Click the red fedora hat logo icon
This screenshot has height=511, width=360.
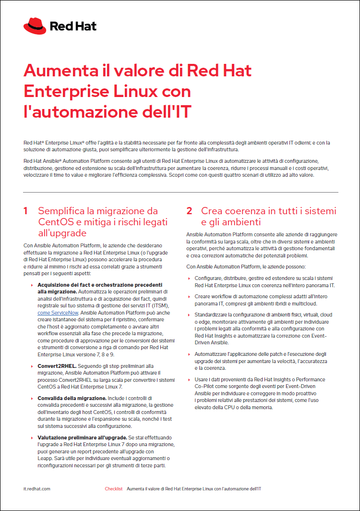pyautogui.click(x=35, y=26)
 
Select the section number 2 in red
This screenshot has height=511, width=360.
pyautogui.click(x=189, y=211)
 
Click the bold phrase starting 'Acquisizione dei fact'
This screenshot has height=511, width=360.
pyautogui.click(x=100, y=285)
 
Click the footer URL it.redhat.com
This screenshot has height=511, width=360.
pyautogui.click(x=37, y=489)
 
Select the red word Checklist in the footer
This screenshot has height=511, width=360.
pyautogui.click(x=114, y=489)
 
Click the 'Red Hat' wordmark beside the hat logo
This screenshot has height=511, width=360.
pyautogui.click(x=73, y=26)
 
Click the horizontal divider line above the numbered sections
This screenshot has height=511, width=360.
pyautogui.click(x=180, y=193)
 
